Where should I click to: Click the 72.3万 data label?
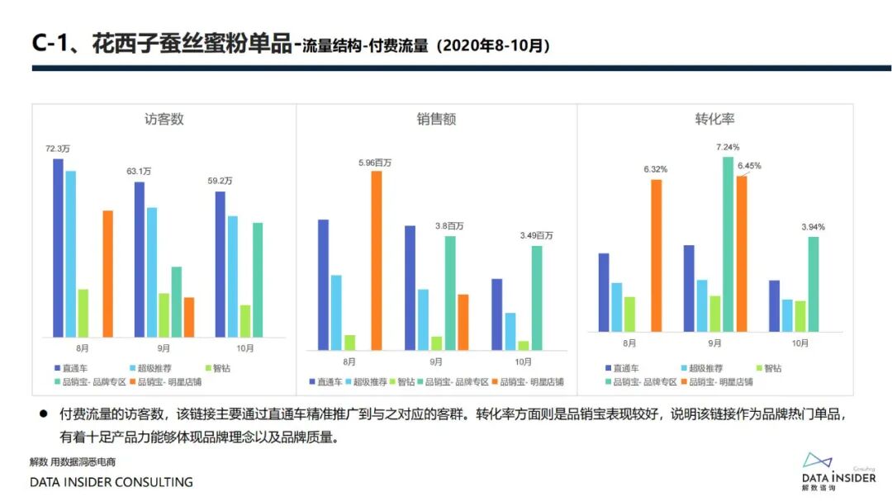tap(58, 149)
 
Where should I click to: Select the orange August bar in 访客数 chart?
tap(107, 273)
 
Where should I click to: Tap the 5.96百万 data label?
tap(375, 163)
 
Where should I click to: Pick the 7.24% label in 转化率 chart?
tap(728, 147)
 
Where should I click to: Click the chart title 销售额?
tap(436, 119)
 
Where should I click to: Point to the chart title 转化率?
tap(714, 119)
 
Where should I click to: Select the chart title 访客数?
tap(164, 119)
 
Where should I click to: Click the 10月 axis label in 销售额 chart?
tap(524, 362)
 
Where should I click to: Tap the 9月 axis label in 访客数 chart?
tap(164, 348)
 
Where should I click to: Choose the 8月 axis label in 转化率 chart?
tap(629, 343)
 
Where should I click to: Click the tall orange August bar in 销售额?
tap(377, 260)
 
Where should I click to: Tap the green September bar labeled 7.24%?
tap(728, 243)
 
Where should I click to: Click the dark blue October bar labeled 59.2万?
tap(220, 264)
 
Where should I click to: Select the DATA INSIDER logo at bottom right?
tap(837, 470)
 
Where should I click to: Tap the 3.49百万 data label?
tap(536, 236)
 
